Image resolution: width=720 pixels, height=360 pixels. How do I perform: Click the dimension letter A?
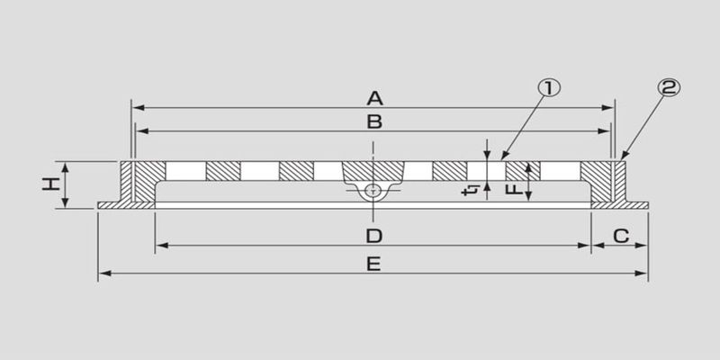point(374,98)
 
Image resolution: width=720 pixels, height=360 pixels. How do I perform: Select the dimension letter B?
point(374,121)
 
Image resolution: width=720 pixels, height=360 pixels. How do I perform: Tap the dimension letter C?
point(621,236)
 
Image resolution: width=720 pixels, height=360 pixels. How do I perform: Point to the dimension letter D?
point(374,236)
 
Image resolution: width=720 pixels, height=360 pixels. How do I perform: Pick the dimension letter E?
point(373,264)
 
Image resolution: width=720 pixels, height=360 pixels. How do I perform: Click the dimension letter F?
point(515,189)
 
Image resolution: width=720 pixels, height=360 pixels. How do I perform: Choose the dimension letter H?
point(51,184)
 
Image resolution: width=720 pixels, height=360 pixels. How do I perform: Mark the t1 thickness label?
point(471,190)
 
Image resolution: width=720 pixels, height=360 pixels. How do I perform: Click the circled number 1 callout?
point(549,87)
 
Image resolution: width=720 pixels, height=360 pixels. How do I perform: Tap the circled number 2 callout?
point(669,87)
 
